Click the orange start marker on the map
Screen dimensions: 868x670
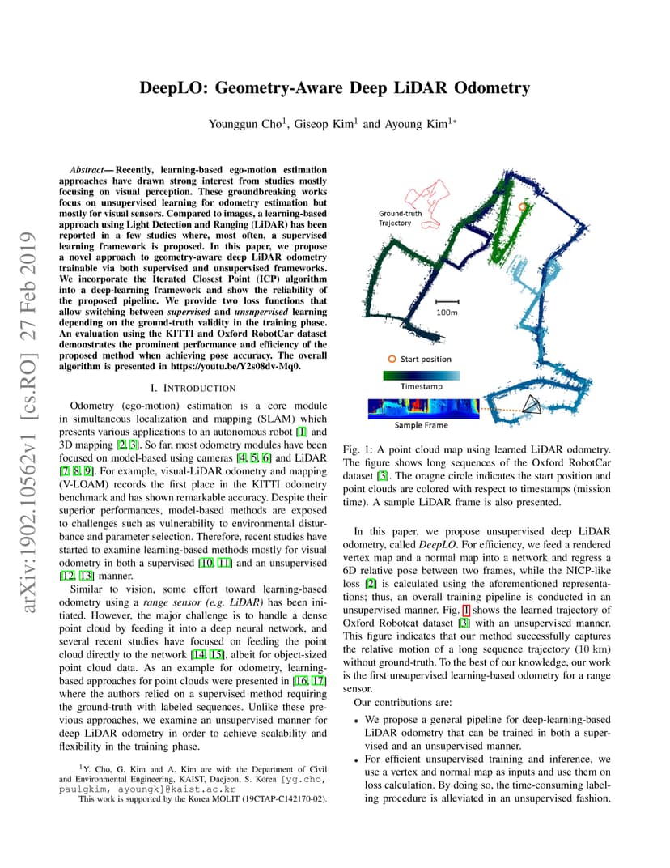click(522, 207)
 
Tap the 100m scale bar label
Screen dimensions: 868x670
click(446, 312)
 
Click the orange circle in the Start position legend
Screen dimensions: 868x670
click(392, 359)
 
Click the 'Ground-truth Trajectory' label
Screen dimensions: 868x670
click(396, 219)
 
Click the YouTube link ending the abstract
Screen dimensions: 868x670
click(238, 366)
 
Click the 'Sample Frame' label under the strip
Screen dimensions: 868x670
click(421, 424)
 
